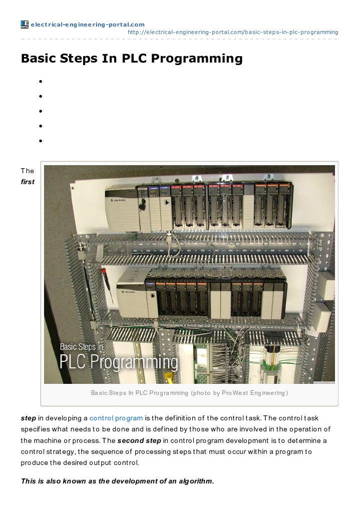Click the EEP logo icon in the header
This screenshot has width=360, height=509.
tap(25, 25)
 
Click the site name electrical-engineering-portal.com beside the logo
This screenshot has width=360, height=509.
tap(87, 25)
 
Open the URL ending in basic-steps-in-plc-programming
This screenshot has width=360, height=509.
tap(233, 32)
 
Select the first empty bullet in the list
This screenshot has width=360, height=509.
tap(40, 81)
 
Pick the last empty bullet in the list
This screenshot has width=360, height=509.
tap(40, 141)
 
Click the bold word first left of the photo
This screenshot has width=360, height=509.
tap(28, 182)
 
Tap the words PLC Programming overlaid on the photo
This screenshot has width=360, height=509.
tap(119, 361)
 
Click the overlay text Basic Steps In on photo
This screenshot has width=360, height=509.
tap(82, 346)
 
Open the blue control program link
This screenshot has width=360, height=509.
tap(116, 418)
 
